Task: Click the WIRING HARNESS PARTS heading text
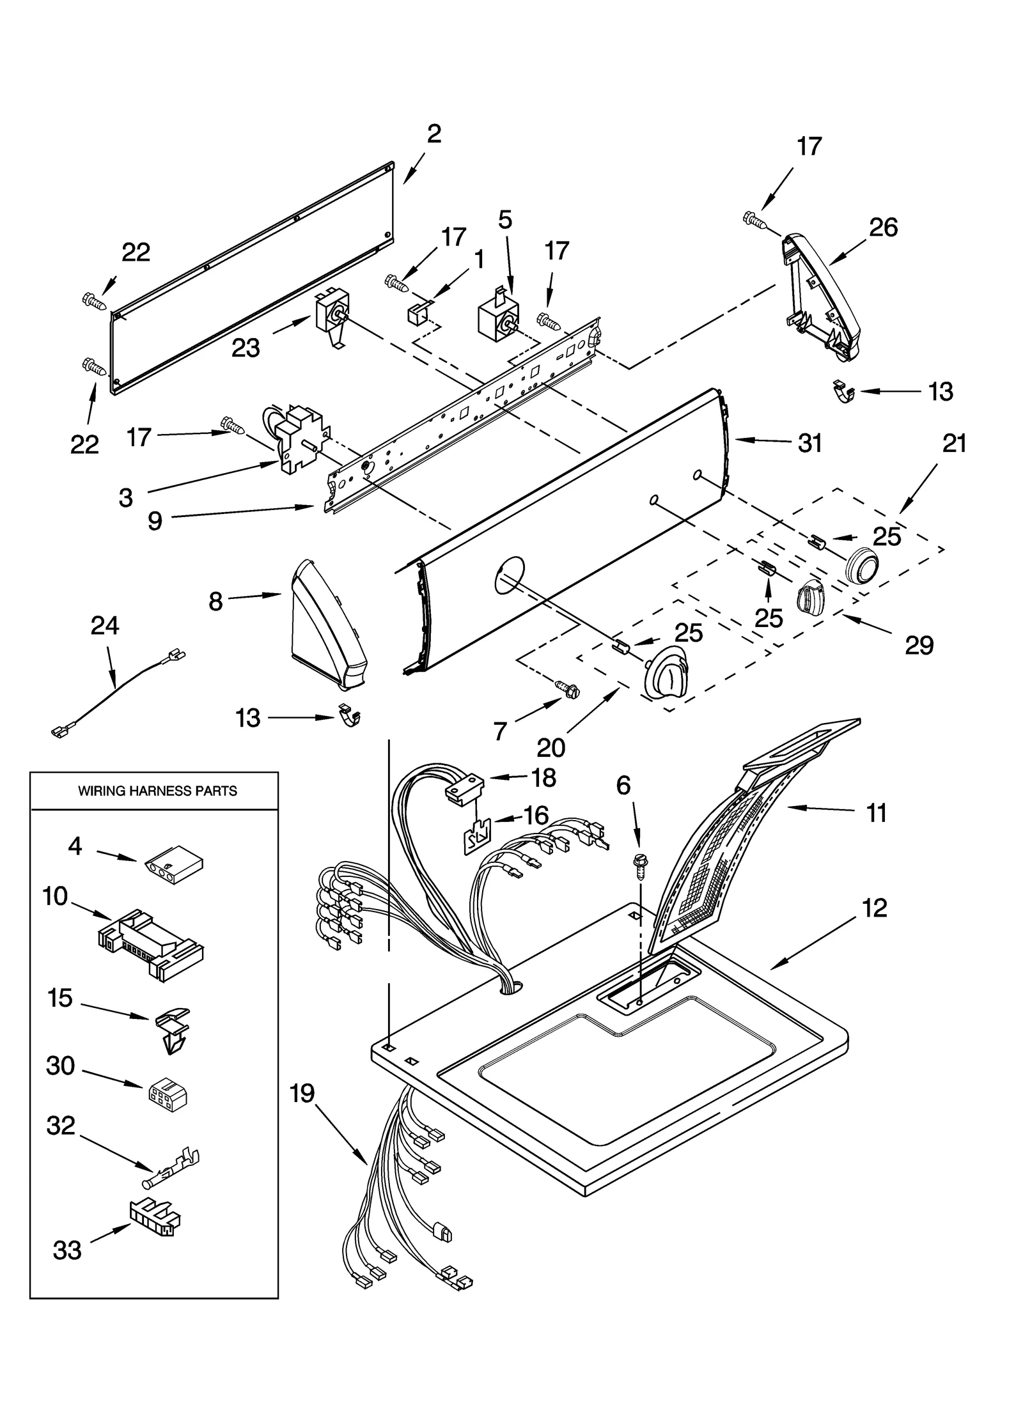click(x=157, y=791)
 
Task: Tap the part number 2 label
click(x=433, y=134)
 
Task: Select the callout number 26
click(x=883, y=228)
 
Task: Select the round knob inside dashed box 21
click(x=861, y=565)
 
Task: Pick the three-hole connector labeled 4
click(x=171, y=860)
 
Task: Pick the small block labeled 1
click(x=416, y=314)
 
